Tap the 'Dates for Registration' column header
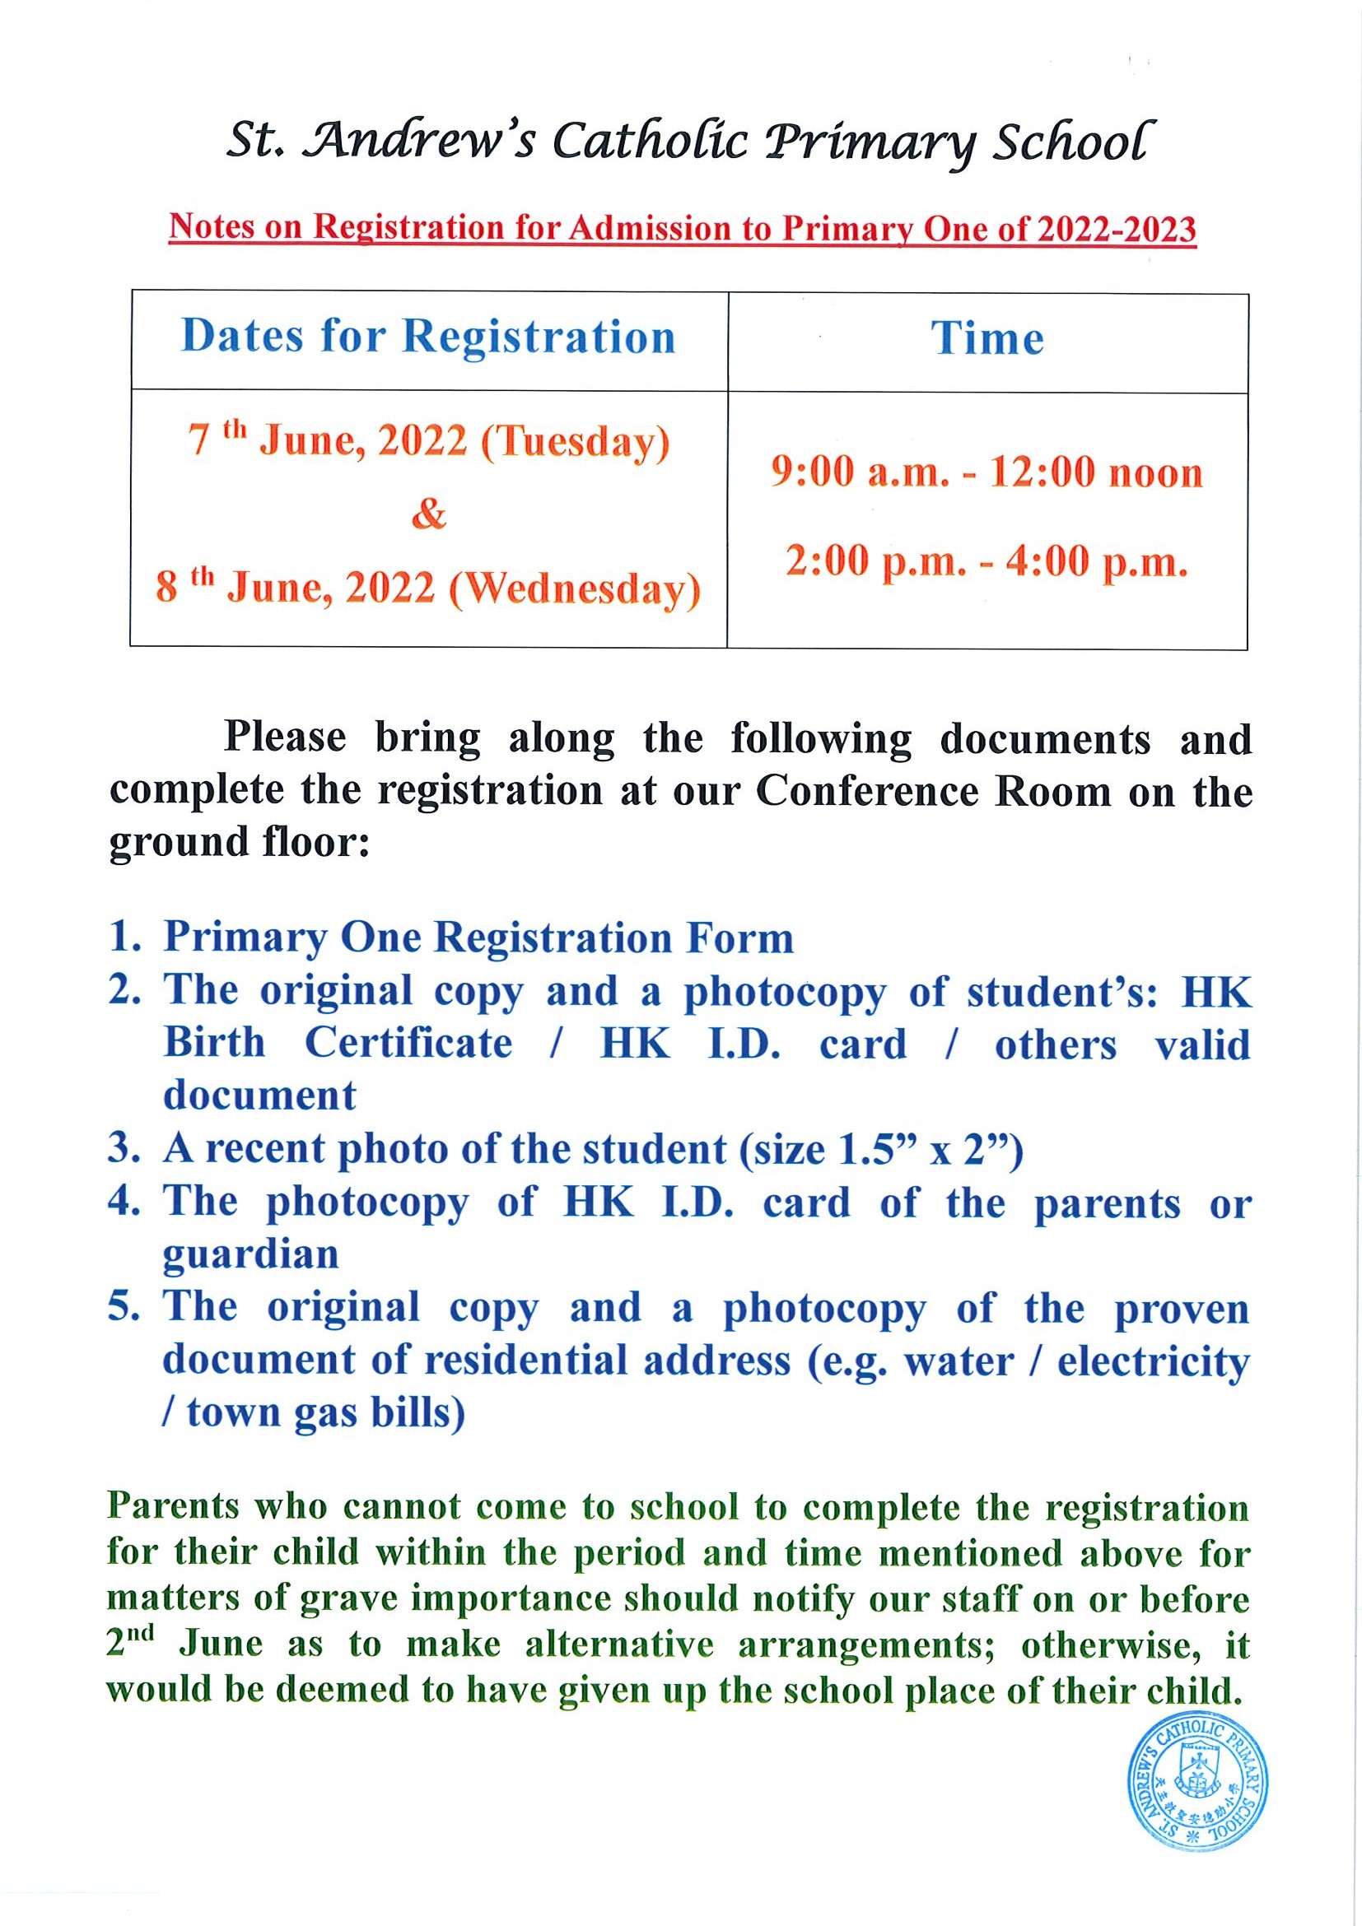click(428, 337)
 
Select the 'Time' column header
click(987, 339)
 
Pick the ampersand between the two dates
click(428, 514)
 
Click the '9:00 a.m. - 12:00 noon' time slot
click(987, 473)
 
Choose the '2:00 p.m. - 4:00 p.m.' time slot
click(987, 562)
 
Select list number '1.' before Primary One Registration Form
click(124, 937)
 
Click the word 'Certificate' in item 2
click(408, 1044)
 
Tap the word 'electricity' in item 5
click(1153, 1361)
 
